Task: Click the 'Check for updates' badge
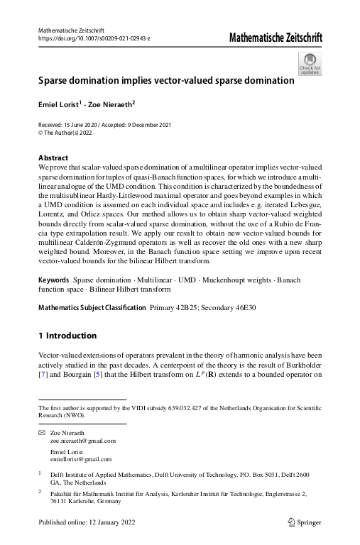(x=310, y=65)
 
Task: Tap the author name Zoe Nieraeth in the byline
(x=114, y=104)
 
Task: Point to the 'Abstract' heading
(x=53, y=157)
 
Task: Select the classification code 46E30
(x=246, y=328)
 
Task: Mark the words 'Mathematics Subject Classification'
(x=92, y=328)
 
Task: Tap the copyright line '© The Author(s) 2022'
(x=66, y=132)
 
